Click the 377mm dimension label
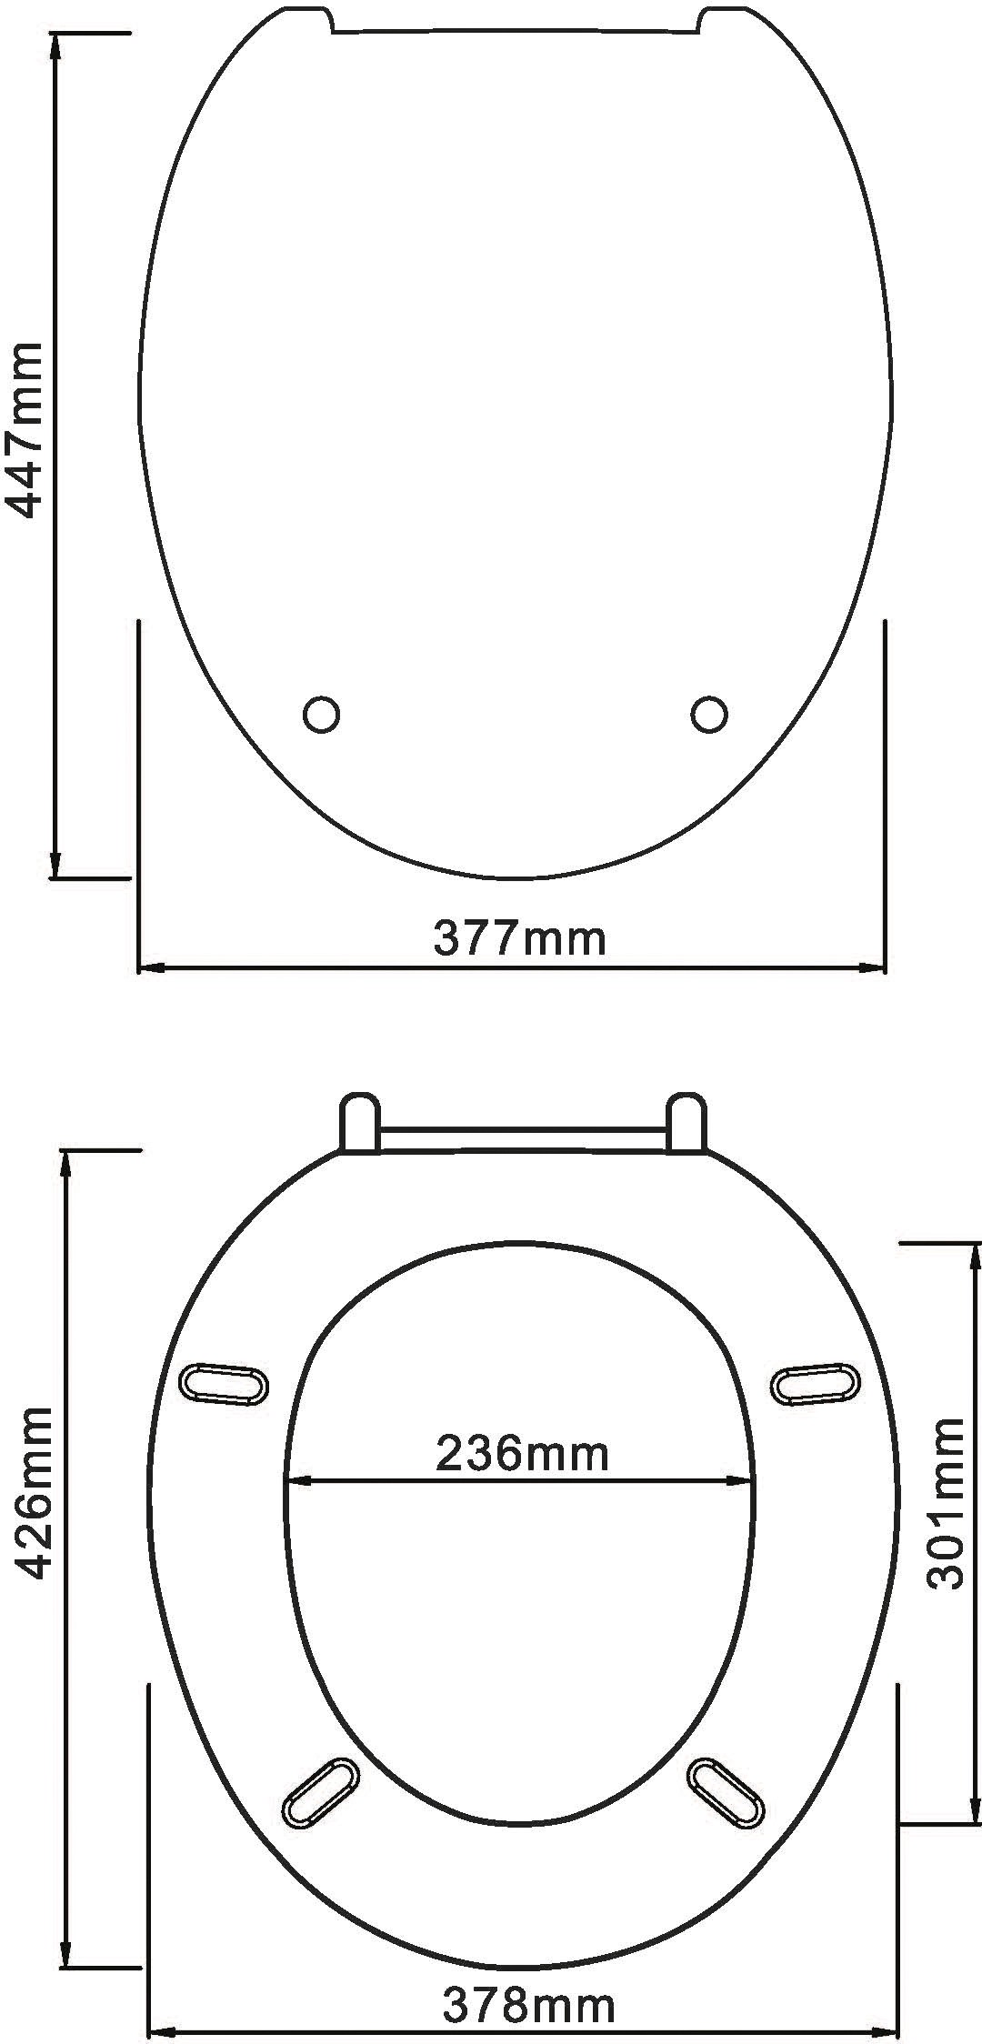tap(519, 938)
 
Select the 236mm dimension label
tap(522, 1453)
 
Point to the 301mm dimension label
tap(947, 1503)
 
